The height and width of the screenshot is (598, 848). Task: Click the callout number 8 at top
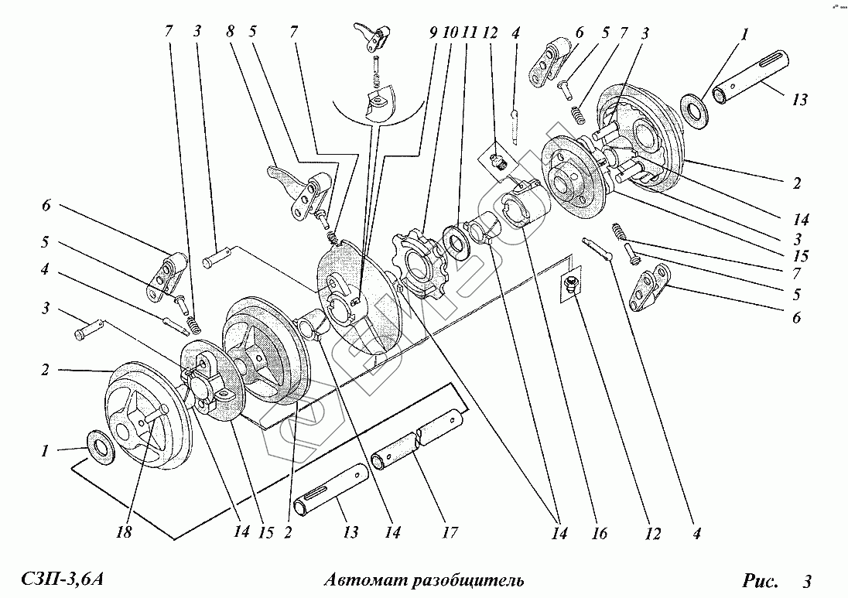[x=230, y=32]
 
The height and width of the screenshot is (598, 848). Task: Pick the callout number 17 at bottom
[x=450, y=533]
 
